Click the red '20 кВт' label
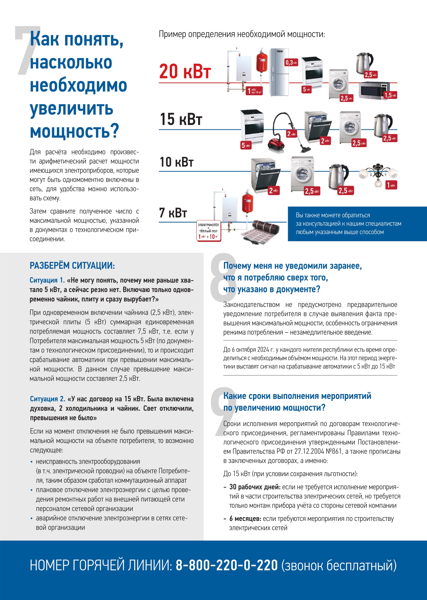(x=185, y=71)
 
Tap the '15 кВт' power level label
(x=181, y=119)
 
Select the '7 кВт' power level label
(x=173, y=213)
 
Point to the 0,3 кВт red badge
(x=291, y=63)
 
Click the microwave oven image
(x=374, y=90)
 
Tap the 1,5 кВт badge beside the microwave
(x=390, y=95)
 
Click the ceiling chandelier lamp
(x=378, y=174)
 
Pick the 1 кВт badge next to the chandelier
(x=391, y=185)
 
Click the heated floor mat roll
(x=261, y=231)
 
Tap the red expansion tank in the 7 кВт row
(x=248, y=202)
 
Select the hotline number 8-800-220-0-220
(x=227, y=565)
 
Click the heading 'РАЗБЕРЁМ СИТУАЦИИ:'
(x=72, y=266)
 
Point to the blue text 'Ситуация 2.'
(x=48, y=399)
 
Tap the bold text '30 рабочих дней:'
(x=255, y=487)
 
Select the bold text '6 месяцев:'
(x=245, y=519)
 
